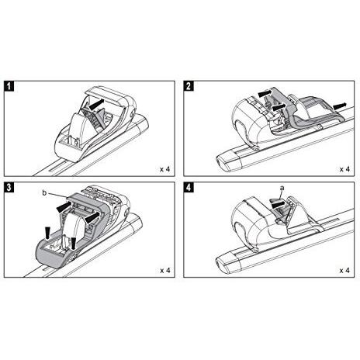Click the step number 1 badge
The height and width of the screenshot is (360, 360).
[x=9, y=86]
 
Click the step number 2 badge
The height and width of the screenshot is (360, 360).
[x=189, y=86]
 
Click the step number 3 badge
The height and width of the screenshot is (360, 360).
[x=9, y=187]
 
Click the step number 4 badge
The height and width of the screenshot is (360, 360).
[x=189, y=187]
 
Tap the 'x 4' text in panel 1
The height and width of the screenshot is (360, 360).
[x=165, y=169]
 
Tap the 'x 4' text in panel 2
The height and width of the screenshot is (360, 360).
[x=344, y=169]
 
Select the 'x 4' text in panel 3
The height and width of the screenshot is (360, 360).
[x=165, y=271]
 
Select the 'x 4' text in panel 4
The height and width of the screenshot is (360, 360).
[x=344, y=271]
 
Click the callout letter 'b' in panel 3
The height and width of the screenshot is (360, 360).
[x=44, y=193]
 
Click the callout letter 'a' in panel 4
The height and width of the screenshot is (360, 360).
[x=282, y=189]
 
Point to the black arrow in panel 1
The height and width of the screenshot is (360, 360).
[x=95, y=104]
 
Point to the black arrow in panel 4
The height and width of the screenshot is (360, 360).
[x=280, y=204]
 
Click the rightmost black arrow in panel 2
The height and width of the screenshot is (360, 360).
[x=339, y=106]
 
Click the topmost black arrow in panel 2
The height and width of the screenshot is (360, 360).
[x=265, y=92]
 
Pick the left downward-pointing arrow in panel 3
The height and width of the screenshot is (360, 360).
[x=48, y=233]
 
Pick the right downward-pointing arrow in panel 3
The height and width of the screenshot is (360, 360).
[x=74, y=244]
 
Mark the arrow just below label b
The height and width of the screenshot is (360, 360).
[x=64, y=207]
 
